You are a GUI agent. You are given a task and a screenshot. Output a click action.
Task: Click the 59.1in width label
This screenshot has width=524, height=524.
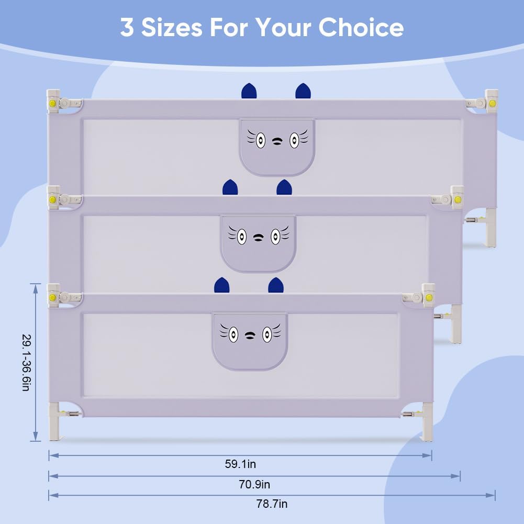pos(240,464)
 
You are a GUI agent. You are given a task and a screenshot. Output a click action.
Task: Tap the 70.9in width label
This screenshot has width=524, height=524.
pos(254,484)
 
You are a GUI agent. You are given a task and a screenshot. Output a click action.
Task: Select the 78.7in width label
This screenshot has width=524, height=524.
pos(272,504)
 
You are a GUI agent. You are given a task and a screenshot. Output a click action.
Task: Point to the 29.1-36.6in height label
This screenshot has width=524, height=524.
pos(26,363)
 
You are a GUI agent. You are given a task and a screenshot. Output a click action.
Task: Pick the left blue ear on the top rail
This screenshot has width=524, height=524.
pos(249,91)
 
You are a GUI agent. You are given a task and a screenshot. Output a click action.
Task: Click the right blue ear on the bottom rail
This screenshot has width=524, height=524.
pos(276,285)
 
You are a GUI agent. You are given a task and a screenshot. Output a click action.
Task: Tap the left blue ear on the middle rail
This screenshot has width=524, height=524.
pos(230,187)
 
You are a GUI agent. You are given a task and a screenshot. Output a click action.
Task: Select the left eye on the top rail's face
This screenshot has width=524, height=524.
pos(261,140)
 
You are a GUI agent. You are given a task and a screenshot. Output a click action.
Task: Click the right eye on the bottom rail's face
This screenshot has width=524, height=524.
pos(266,334)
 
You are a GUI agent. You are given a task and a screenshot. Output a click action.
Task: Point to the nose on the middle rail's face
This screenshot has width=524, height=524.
pos(258,238)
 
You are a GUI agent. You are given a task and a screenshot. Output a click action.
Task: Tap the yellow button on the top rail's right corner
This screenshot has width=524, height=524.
pos(492,103)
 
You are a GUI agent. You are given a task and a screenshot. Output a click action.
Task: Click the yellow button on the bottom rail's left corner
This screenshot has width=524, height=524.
pos(52,297)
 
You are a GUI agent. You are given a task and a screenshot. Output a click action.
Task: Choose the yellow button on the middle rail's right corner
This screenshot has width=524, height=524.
pos(458,200)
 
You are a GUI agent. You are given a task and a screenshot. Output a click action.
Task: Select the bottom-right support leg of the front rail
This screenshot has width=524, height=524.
pos(427,422)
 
